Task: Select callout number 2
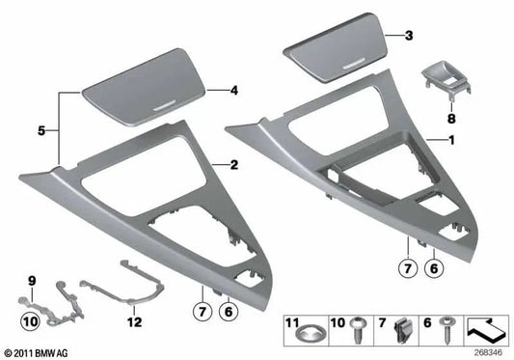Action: point(232,165)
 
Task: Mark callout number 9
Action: point(31,281)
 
